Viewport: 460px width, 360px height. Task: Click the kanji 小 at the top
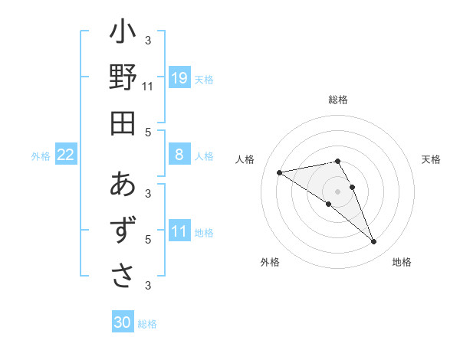pyautogui.click(x=123, y=34)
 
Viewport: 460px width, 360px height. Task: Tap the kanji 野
pyautogui.click(x=123, y=78)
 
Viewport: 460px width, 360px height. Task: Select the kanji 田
pyautogui.click(x=123, y=123)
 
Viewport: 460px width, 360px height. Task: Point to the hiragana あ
pyautogui.click(x=123, y=185)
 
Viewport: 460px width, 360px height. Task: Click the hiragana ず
pyautogui.click(x=123, y=230)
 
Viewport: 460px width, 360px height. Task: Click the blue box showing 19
pyautogui.click(x=179, y=77)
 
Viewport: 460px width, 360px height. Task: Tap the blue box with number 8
pyautogui.click(x=179, y=155)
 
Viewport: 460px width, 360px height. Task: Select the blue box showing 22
pyautogui.click(x=66, y=155)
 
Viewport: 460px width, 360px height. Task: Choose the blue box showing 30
pyautogui.click(x=123, y=322)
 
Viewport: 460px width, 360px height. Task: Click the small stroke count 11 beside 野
pyautogui.click(x=148, y=87)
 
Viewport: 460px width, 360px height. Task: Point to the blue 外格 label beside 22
pyautogui.click(x=41, y=155)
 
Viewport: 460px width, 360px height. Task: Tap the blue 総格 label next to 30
pyautogui.click(x=147, y=324)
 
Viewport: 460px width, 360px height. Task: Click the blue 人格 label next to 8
pyautogui.click(x=204, y=155)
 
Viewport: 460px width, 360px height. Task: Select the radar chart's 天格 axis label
pyautogui.click(x=432, y=159)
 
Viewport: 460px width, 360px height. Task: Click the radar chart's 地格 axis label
pyautogui.click(x=402, y=262)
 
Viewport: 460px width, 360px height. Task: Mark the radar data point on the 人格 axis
pyautogui.click(x=279, y=172)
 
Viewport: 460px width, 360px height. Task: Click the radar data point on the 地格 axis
pyautogui.click(x=374, y=242)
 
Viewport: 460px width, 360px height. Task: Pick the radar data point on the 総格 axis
pyautogui.click(x=338, y=161)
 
